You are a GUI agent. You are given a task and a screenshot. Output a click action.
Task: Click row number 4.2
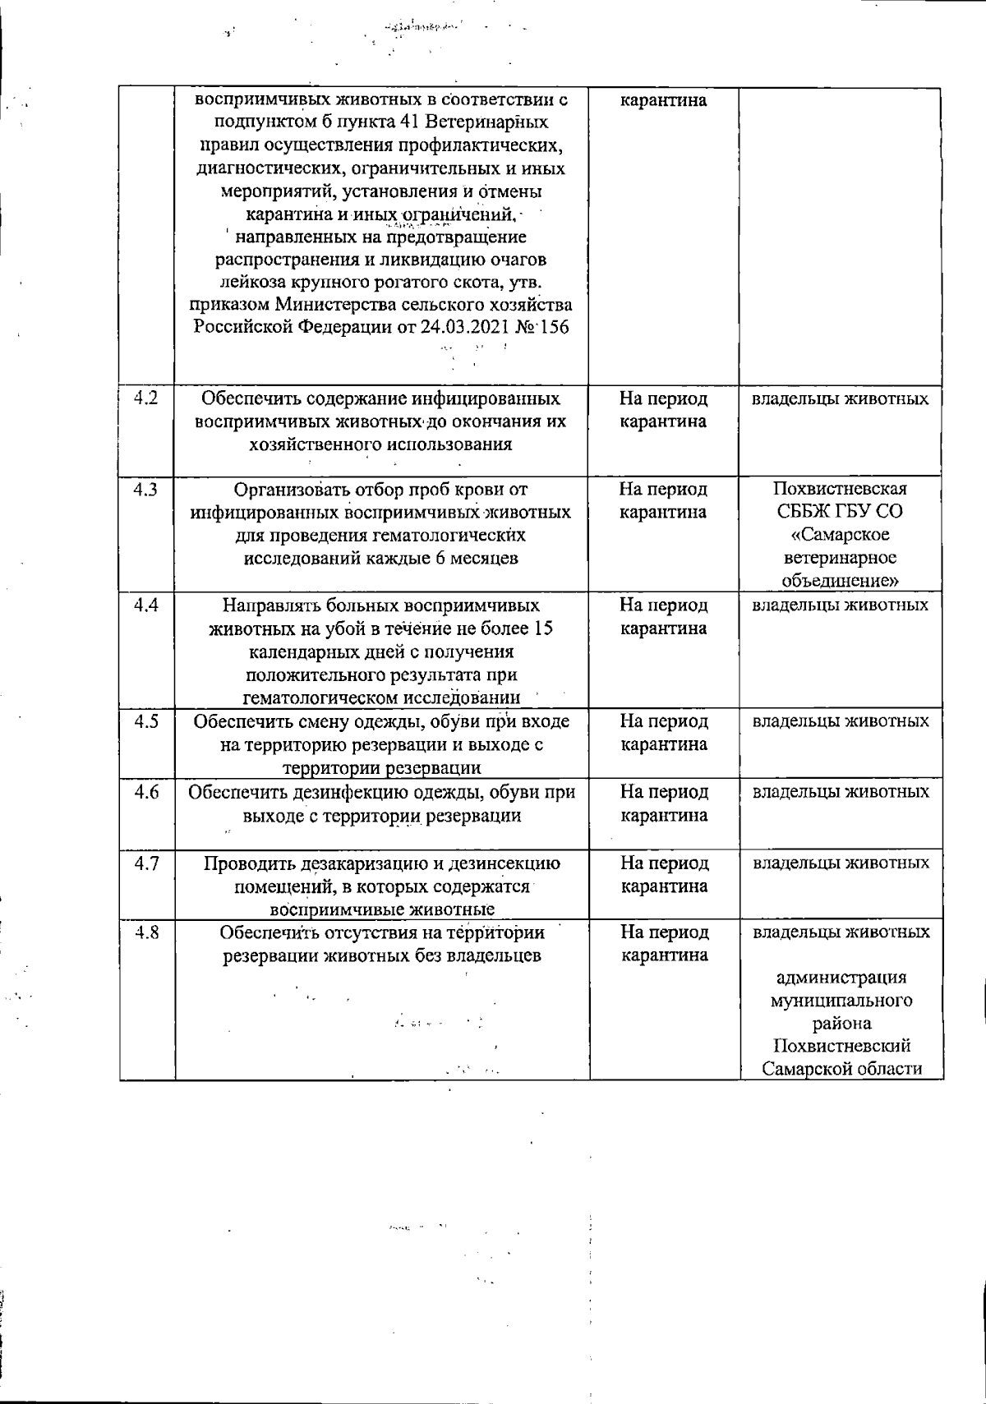(146, 399)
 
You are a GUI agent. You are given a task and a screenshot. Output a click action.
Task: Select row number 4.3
(146, 490)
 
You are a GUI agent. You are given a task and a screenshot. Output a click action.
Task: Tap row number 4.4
(146, 605)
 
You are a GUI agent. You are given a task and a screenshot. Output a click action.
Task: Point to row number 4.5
(146, 721)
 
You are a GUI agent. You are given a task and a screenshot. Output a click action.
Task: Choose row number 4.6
(146, 792)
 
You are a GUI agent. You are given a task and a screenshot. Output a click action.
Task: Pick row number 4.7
(146, 863)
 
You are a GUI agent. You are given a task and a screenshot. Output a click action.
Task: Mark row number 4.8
(146, 932)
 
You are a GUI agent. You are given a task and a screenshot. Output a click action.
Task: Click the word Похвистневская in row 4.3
(839, 490)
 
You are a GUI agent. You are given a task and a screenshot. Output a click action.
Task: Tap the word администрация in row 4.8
(841, 978)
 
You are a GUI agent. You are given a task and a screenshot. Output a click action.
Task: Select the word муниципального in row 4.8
(841, 1001)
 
